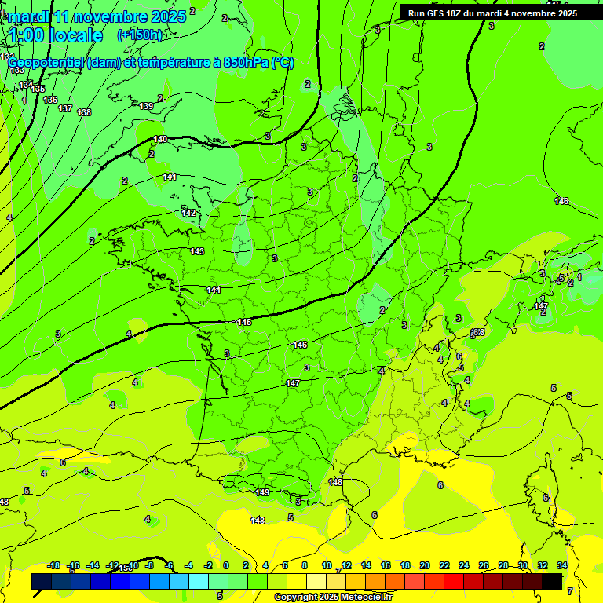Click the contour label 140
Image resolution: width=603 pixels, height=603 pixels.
pos(160,139)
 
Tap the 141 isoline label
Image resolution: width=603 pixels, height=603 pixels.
pos(170,177)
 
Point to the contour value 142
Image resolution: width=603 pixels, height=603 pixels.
pos(188,213)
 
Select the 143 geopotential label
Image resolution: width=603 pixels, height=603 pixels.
pos(197,251)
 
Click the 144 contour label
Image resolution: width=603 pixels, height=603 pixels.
pos(214,290)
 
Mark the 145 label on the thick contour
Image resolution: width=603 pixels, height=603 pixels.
pos(244,323)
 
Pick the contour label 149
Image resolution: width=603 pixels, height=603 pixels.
pos(263,492)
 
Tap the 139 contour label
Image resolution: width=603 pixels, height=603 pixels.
pos(146,106)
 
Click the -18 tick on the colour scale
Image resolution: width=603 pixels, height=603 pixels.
pos(54,565)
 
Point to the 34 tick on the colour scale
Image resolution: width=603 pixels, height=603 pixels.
pos(562,565)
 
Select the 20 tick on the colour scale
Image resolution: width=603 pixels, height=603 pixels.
pos(425,565)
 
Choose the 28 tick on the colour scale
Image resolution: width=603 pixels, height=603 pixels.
pos(503,565)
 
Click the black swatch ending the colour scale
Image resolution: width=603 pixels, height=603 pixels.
pos(552,581)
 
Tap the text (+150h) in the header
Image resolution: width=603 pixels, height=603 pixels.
pos(140,35)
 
